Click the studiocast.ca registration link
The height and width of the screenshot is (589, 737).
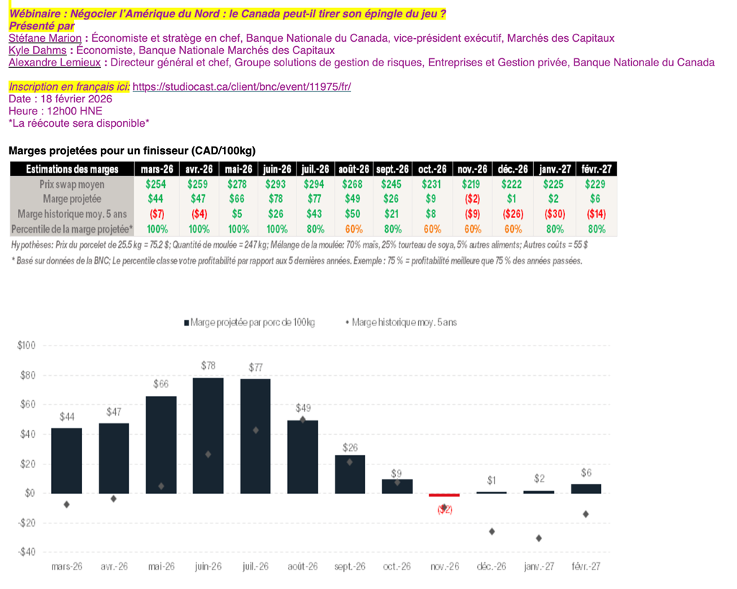(x=242, y=87)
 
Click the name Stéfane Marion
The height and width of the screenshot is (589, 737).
(x=44, y=38)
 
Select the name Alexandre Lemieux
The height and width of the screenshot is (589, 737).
(x=54, y=63)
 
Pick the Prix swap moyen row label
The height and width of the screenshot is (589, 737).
(x=72, y=184)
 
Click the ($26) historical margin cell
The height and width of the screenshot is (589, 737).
(x=513, y=214)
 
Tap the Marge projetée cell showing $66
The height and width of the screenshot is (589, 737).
(x=236, y=199)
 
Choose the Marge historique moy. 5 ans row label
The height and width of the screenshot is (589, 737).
(x=72, y=214)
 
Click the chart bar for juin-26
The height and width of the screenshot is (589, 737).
(x=208, y=436)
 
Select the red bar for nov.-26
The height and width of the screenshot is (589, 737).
(x=445, y=495)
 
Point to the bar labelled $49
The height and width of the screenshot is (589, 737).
(x=302, y=457)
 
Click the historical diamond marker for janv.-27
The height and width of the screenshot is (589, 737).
(x=539, y=538)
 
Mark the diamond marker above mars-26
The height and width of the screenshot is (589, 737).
(x=66, y=504)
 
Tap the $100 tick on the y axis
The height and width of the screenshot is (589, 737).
(x=26, y=346)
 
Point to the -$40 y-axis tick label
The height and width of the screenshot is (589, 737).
(x=26, y=552)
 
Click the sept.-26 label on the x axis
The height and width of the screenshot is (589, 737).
(x=351, y=567)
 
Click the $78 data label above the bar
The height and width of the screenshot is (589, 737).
(x=208, y=366)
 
